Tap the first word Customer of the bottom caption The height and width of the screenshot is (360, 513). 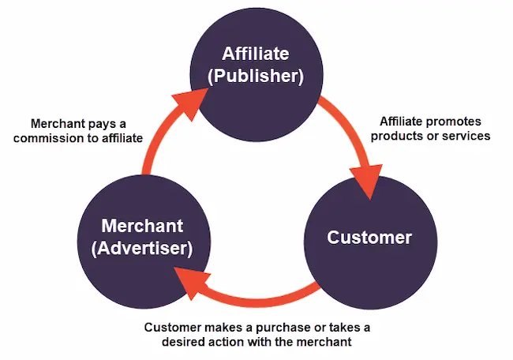pyautogui.click(x=175, y=327)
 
